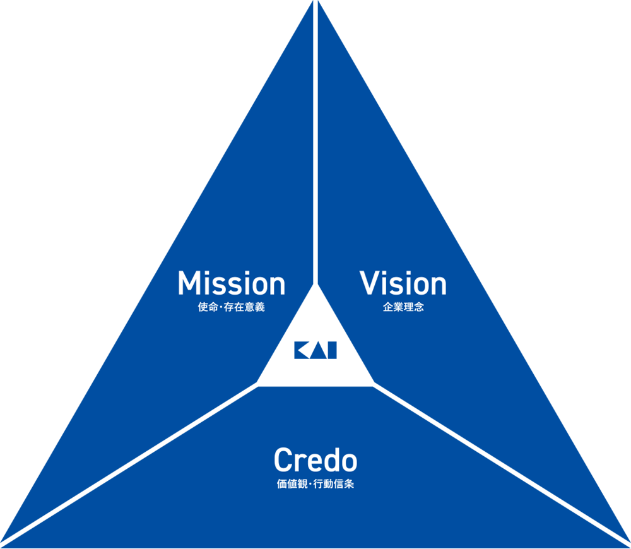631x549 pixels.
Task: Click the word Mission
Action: click(x=231, y=283)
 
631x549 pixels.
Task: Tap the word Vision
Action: click(x=403, y=283)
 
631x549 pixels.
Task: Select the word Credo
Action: click(x=315, y=461)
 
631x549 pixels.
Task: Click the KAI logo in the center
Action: click(x=315, y=350)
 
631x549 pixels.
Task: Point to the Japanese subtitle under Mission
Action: click(x=231, y=309)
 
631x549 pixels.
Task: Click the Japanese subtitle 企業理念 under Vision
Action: click(x=403, y=309)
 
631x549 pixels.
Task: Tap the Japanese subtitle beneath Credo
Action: click(x=315, y=485)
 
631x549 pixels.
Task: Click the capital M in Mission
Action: click(x=189, y=283)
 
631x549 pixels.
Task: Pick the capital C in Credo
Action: click(x=282, y=461)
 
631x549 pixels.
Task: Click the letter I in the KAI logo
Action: click(x=332, y=350)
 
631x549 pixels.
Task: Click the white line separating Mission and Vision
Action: click(x=315, y=158)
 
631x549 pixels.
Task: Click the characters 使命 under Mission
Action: click(x=206, y=309)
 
